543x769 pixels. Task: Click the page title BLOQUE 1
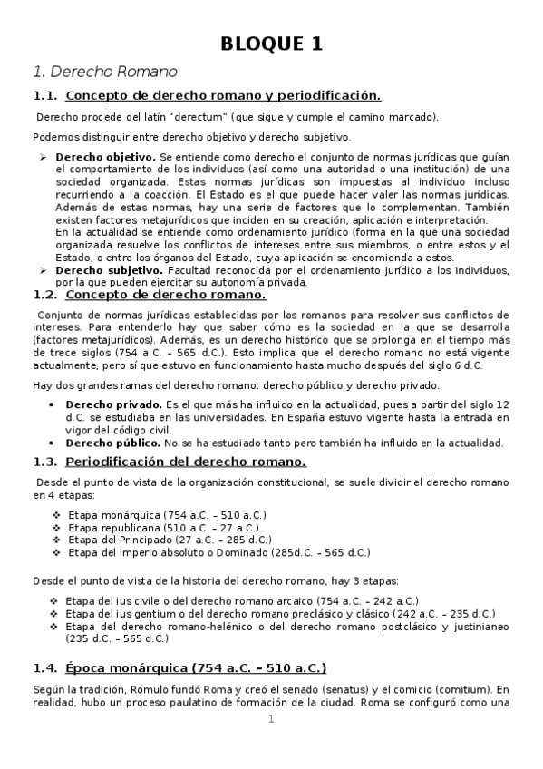point(272,44)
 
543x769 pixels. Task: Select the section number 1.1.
point(44,96)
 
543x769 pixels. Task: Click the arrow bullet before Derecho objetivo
point(43,157)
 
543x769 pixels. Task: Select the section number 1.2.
point(44,295)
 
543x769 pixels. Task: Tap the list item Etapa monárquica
point(112,515)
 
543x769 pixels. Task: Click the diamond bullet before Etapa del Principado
point(57,540)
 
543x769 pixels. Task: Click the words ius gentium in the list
point(138,613)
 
